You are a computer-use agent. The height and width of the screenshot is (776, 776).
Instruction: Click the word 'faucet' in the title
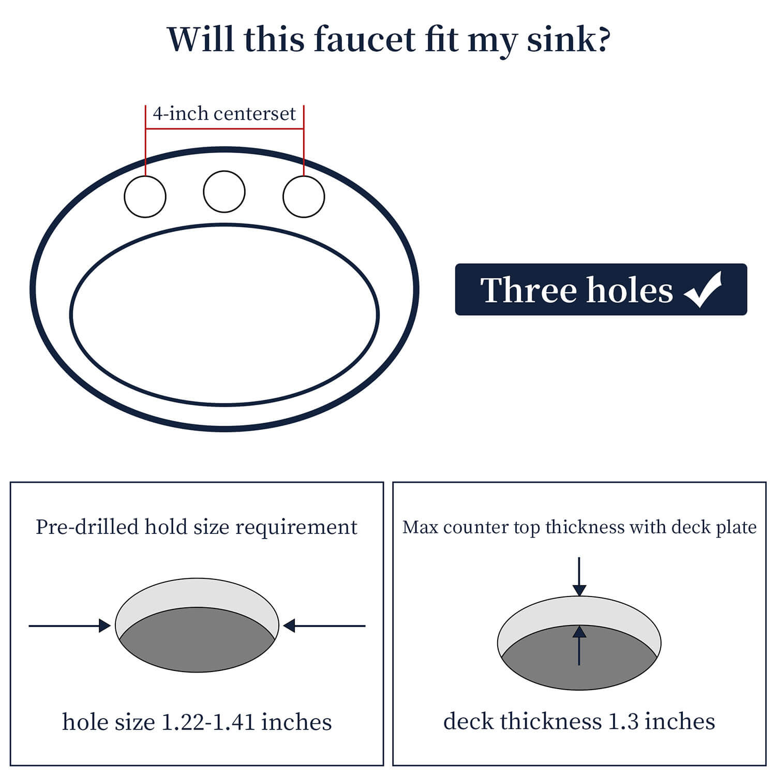tap(364, 39)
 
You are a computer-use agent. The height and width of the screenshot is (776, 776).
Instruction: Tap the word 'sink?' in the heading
tap(569, 39)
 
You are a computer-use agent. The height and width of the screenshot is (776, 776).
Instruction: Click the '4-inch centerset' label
tap(224, 113)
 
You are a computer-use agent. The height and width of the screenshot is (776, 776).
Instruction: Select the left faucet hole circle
tap(145, 197)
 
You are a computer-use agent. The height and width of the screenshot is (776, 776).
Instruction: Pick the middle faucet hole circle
tap(224, 191)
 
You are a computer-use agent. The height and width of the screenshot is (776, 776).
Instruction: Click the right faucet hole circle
tap(304, 197)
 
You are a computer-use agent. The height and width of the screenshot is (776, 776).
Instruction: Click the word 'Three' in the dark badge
tap(528, 290)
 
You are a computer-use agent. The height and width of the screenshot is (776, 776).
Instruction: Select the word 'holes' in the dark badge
tap(630, 290)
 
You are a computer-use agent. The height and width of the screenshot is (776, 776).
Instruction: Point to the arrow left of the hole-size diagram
tap(70, 626)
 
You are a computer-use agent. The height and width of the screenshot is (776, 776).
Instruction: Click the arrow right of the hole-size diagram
tap(324, 626)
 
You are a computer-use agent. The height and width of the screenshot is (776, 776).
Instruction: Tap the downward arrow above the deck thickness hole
tap(579, 577)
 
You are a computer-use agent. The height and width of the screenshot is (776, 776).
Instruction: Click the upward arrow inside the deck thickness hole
tap(579, 645)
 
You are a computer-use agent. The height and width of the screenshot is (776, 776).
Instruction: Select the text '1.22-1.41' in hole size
tap(208, 722)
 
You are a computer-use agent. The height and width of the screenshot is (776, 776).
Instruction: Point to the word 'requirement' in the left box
tap(296, 528)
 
